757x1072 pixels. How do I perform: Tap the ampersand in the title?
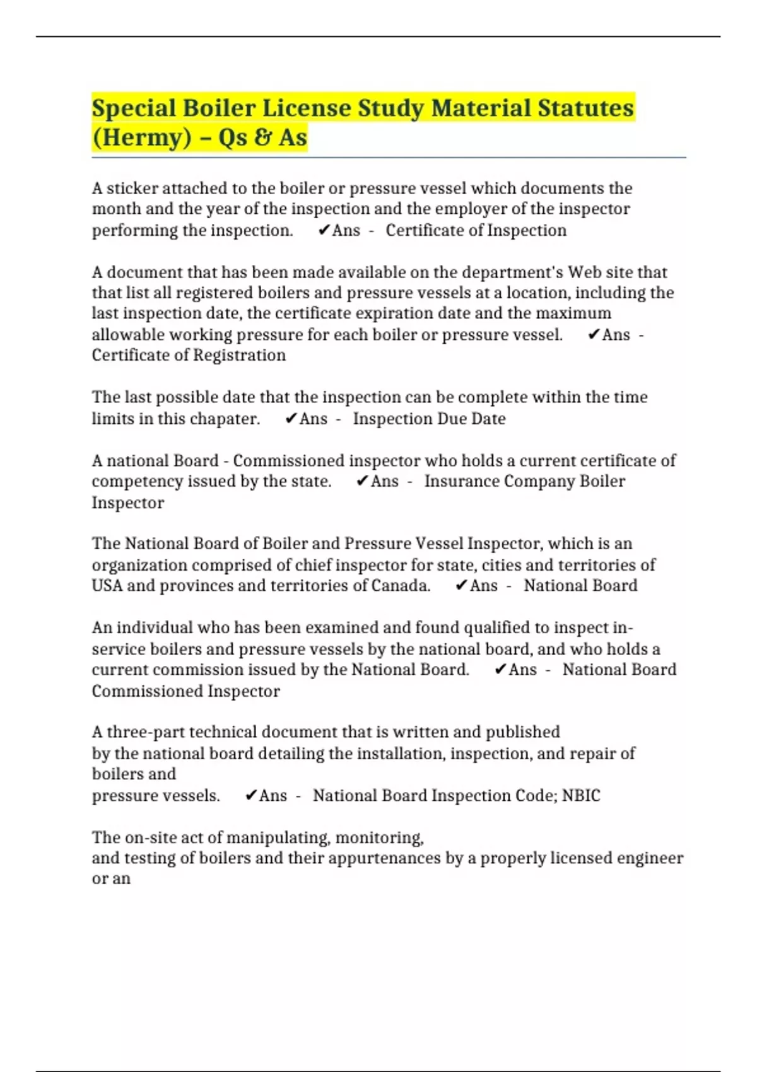point(262,137)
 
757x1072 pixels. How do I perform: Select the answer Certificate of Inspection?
point(476,230)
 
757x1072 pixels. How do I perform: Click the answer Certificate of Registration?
point(189,355)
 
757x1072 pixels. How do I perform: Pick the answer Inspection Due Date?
point(429,419)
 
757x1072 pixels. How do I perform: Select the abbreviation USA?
point(107,585)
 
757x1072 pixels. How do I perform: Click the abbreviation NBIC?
point(581,795)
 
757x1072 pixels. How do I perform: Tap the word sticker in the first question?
point(132,189)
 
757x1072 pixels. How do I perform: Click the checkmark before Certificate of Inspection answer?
point(324,230)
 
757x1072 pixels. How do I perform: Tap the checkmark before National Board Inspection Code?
point(250,795)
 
